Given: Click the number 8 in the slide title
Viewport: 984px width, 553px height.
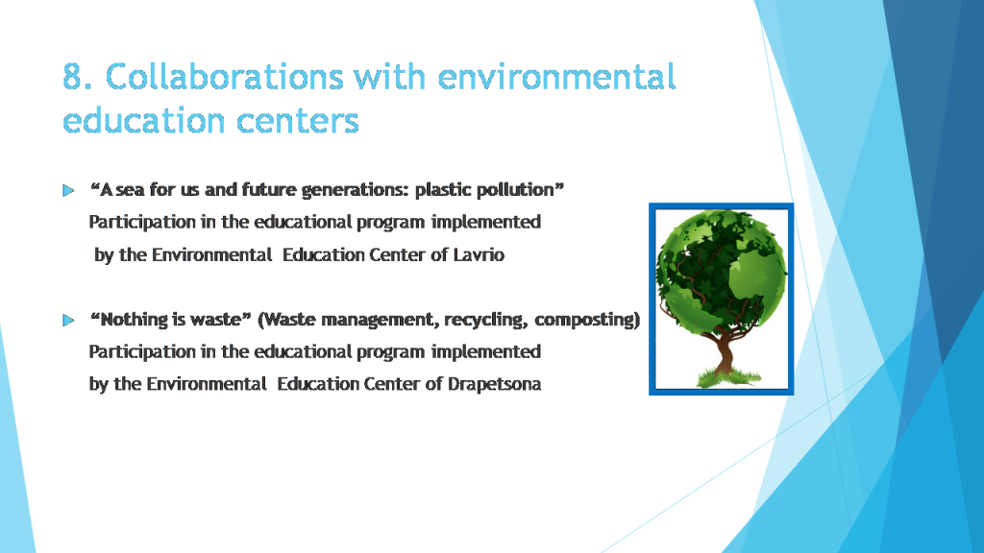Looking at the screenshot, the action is (73, 77).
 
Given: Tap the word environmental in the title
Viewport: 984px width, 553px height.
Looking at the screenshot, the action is (556, 77).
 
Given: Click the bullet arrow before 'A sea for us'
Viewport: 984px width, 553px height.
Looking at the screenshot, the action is (67, 191).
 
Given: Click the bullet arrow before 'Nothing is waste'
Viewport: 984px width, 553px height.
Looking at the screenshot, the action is (67, 320).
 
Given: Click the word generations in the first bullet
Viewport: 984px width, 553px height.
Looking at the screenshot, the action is (355, 190).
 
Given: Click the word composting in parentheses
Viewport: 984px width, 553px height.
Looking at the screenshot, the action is (587, 319).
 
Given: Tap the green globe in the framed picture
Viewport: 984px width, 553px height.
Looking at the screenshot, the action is (721, 264).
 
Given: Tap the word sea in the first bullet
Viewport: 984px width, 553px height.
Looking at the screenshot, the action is (134, 190).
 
